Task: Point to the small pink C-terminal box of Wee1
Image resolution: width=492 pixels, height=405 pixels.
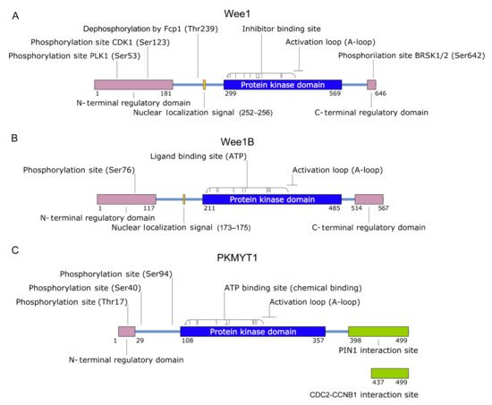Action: click(x=372, y=84)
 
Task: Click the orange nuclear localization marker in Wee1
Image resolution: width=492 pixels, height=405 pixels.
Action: click(x=205, y=84)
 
